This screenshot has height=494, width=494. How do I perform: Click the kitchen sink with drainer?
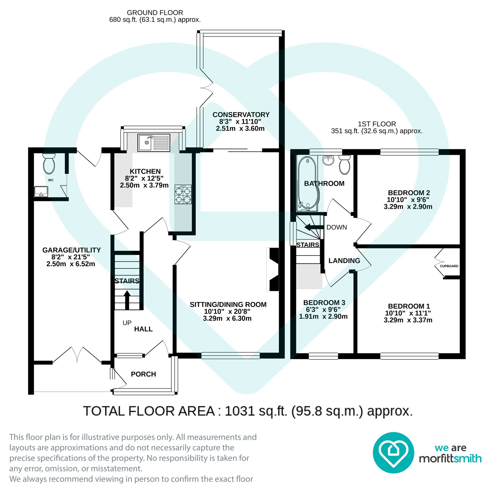(154, 142)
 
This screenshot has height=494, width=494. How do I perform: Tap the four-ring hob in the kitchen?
(183, 195)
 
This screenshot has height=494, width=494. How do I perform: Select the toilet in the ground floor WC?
(49, 164)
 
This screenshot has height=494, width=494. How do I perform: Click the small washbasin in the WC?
(41, 191)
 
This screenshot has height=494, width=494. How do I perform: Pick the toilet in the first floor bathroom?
(345, 165)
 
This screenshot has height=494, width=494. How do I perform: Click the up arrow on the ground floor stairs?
(127, 300)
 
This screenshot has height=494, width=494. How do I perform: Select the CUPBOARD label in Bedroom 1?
(449, 266)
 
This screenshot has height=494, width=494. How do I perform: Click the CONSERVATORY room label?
(241, 114)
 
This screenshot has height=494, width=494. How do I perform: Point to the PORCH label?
(143, 374)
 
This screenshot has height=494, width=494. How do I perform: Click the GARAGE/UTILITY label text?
(71, 250)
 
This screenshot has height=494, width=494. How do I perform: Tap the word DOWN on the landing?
(336, 227)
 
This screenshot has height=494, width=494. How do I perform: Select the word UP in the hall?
(127, 323)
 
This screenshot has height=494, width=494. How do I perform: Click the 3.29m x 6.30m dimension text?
(227, 318)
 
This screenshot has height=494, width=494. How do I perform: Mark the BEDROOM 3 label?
(324, 302)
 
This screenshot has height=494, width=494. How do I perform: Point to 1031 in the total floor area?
(239, 411)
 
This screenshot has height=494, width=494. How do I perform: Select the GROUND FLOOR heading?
(155, 13)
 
